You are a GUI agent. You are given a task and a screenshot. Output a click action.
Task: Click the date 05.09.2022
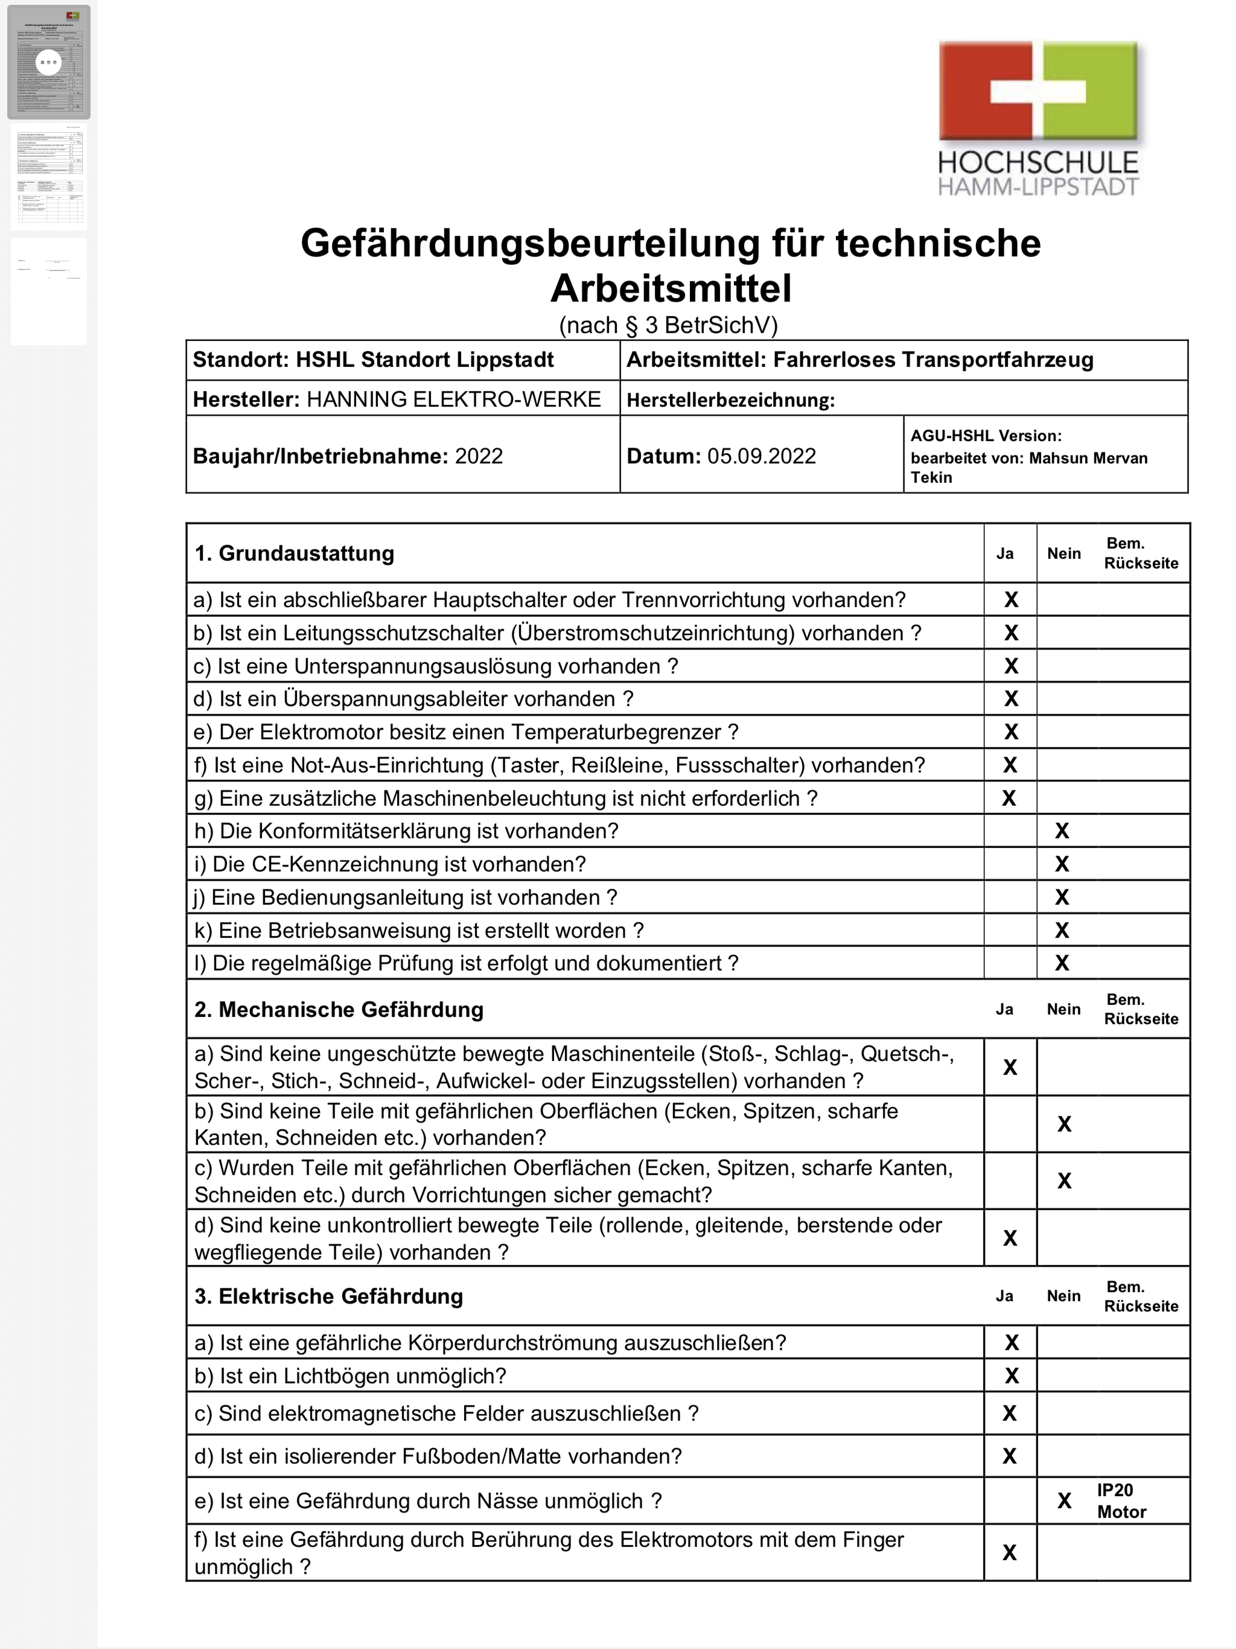(x=761, y=456)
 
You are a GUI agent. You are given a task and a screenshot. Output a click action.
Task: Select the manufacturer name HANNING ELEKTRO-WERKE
(x=453, y=399)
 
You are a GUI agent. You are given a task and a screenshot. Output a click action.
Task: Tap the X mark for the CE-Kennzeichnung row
(x=1062, y=864)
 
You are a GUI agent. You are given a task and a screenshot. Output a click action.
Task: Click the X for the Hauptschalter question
(x=1010, y=599)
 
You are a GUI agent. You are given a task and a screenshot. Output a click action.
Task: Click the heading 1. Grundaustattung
(x=294, y=553)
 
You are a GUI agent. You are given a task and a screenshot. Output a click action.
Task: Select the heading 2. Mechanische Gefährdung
(x=339, y=1009)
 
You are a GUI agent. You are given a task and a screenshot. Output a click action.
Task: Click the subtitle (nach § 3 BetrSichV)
(x=668, y=325)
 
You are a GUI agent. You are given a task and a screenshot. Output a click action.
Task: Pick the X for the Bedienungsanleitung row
(x=1062, y=897)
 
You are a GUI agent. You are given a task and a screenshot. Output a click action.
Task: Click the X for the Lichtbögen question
(x=1011, y=1376)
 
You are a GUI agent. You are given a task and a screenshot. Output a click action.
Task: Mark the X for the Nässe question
(x=1064, y=1501)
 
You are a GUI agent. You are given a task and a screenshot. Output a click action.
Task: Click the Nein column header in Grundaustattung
(x=1063, y=553)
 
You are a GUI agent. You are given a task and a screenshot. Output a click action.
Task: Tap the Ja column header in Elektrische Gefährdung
(x=1004, y=1296)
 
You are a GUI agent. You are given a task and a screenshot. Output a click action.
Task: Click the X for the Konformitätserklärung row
(x=1062, y=831)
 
